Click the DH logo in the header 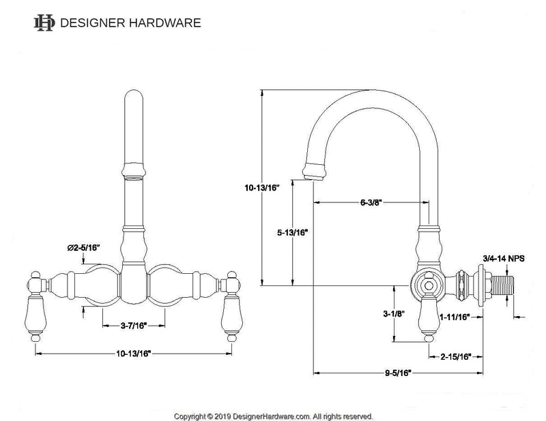pyautogui.click(x=44, y=22)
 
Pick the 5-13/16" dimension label pyautogui.click(x=293, y=232)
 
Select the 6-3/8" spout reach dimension pyautogui.click(x=371, y=202)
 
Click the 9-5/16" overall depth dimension pyautogui.click(x=397, y=373)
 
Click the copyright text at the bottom pyautogui.click(x=273, y=415)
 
